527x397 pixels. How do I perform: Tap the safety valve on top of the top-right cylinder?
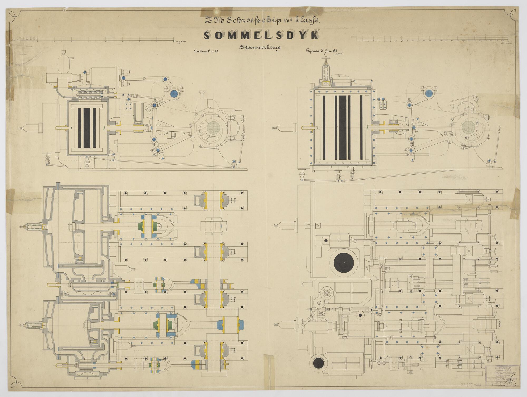click(327, 74)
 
